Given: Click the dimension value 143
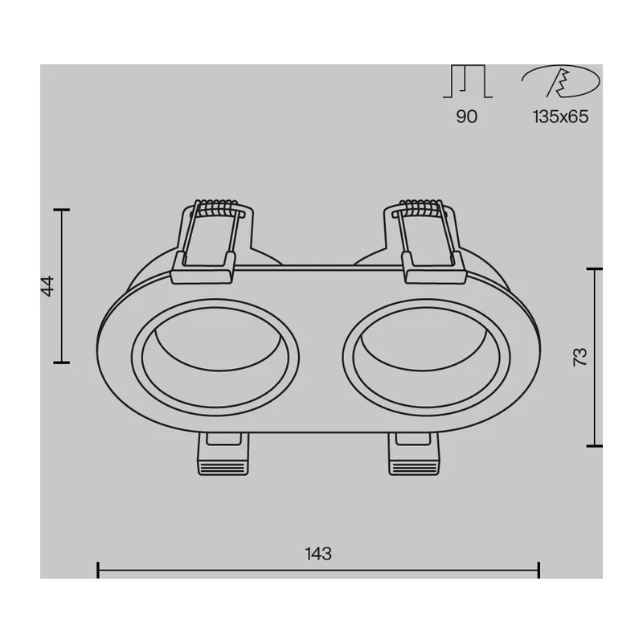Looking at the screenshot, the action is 318,554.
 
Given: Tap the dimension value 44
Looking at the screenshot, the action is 47,286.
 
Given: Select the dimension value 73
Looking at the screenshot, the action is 580,357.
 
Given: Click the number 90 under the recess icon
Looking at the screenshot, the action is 467,117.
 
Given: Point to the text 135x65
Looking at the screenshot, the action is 560,117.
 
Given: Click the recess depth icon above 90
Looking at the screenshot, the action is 468,81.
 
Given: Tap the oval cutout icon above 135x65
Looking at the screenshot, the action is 560,81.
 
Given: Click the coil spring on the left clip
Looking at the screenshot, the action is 216,207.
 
